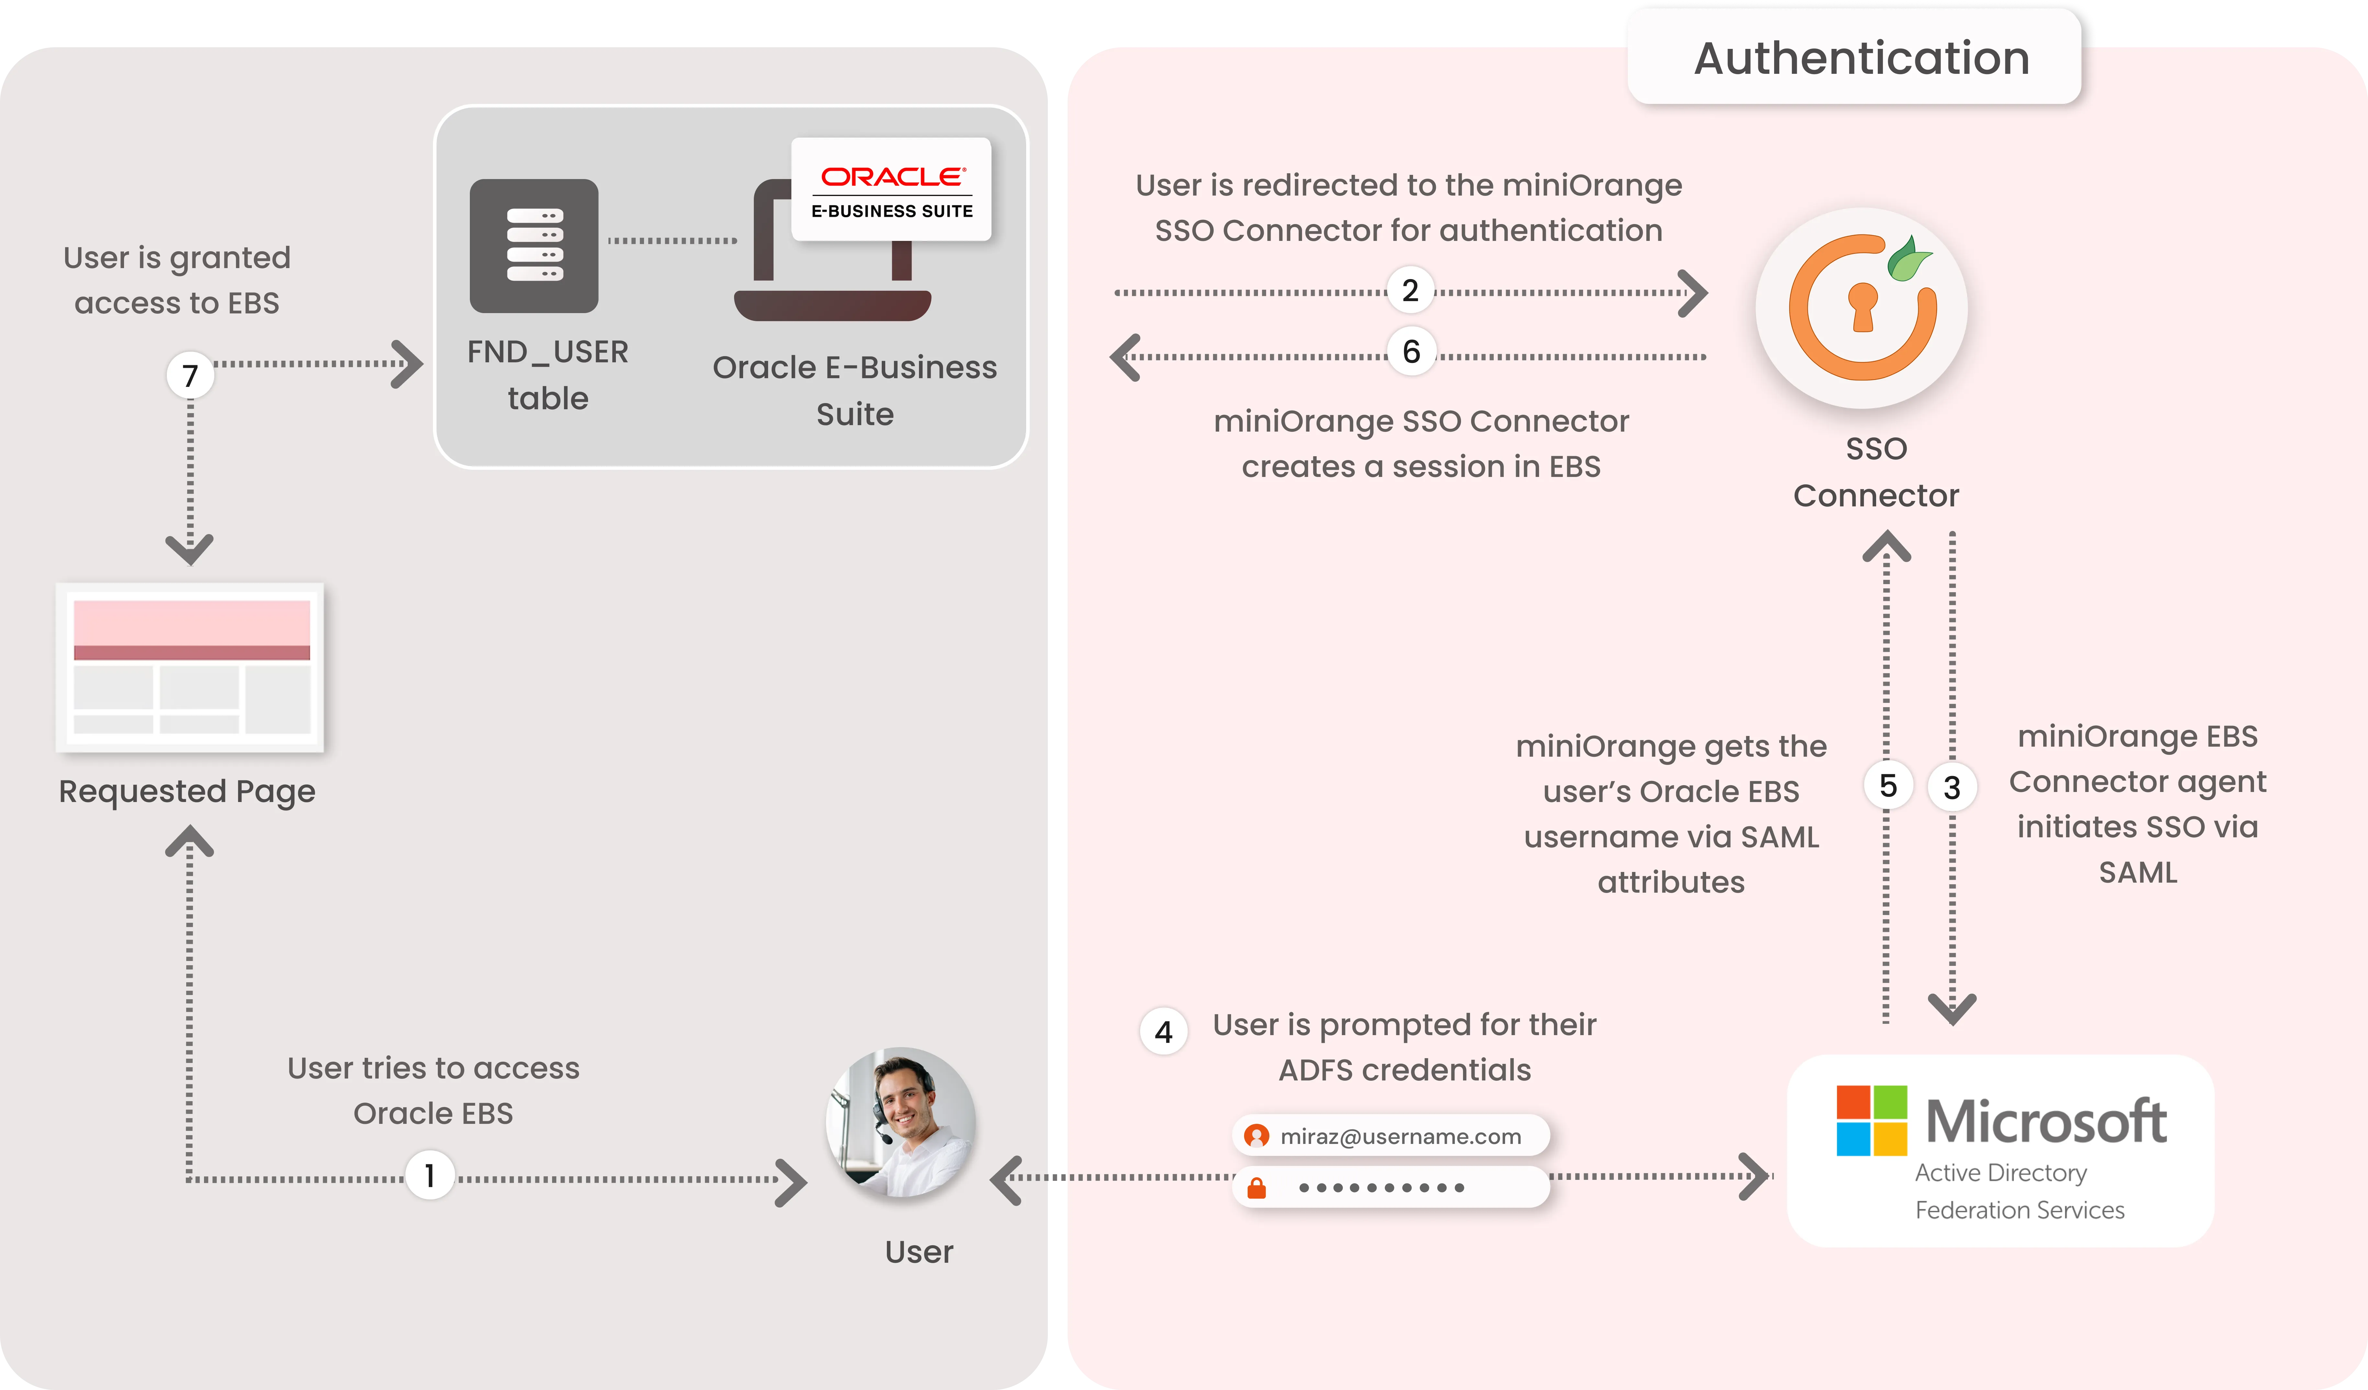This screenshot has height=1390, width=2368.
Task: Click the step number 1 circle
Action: [429, 1176]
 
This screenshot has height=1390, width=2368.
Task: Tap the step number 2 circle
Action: [1410, 290]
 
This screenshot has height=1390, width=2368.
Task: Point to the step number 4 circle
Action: [1163, 1032]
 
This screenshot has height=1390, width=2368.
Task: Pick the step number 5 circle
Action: [1888, 786]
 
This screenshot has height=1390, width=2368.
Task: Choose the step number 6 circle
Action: [1411, 352]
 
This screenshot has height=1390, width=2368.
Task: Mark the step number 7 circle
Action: [190, 375]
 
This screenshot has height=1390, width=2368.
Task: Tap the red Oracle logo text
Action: [892, 177]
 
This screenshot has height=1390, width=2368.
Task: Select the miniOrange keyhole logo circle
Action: [1862, 308]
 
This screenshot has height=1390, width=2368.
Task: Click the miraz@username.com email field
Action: [1391, 1136]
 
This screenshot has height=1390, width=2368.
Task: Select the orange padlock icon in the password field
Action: [1256, 1188]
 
